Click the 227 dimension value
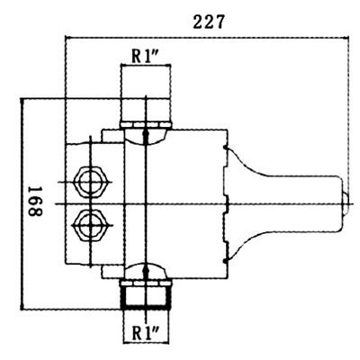[208, 22]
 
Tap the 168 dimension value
[35, 202]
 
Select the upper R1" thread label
[146, 56]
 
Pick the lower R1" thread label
[146, 333]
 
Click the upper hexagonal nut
[90, 182]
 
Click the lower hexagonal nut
[90, 225]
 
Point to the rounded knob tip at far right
[346, 204]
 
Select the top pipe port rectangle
[146, 94]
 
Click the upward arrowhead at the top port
[146, 134]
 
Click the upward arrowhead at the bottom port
[146, 269]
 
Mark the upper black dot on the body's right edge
[225, 148]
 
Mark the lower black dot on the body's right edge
[225, 261]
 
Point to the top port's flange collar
[146, 125]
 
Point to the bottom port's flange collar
[146, 283]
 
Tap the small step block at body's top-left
[113, 136]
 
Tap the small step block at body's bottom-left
[113, 272]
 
